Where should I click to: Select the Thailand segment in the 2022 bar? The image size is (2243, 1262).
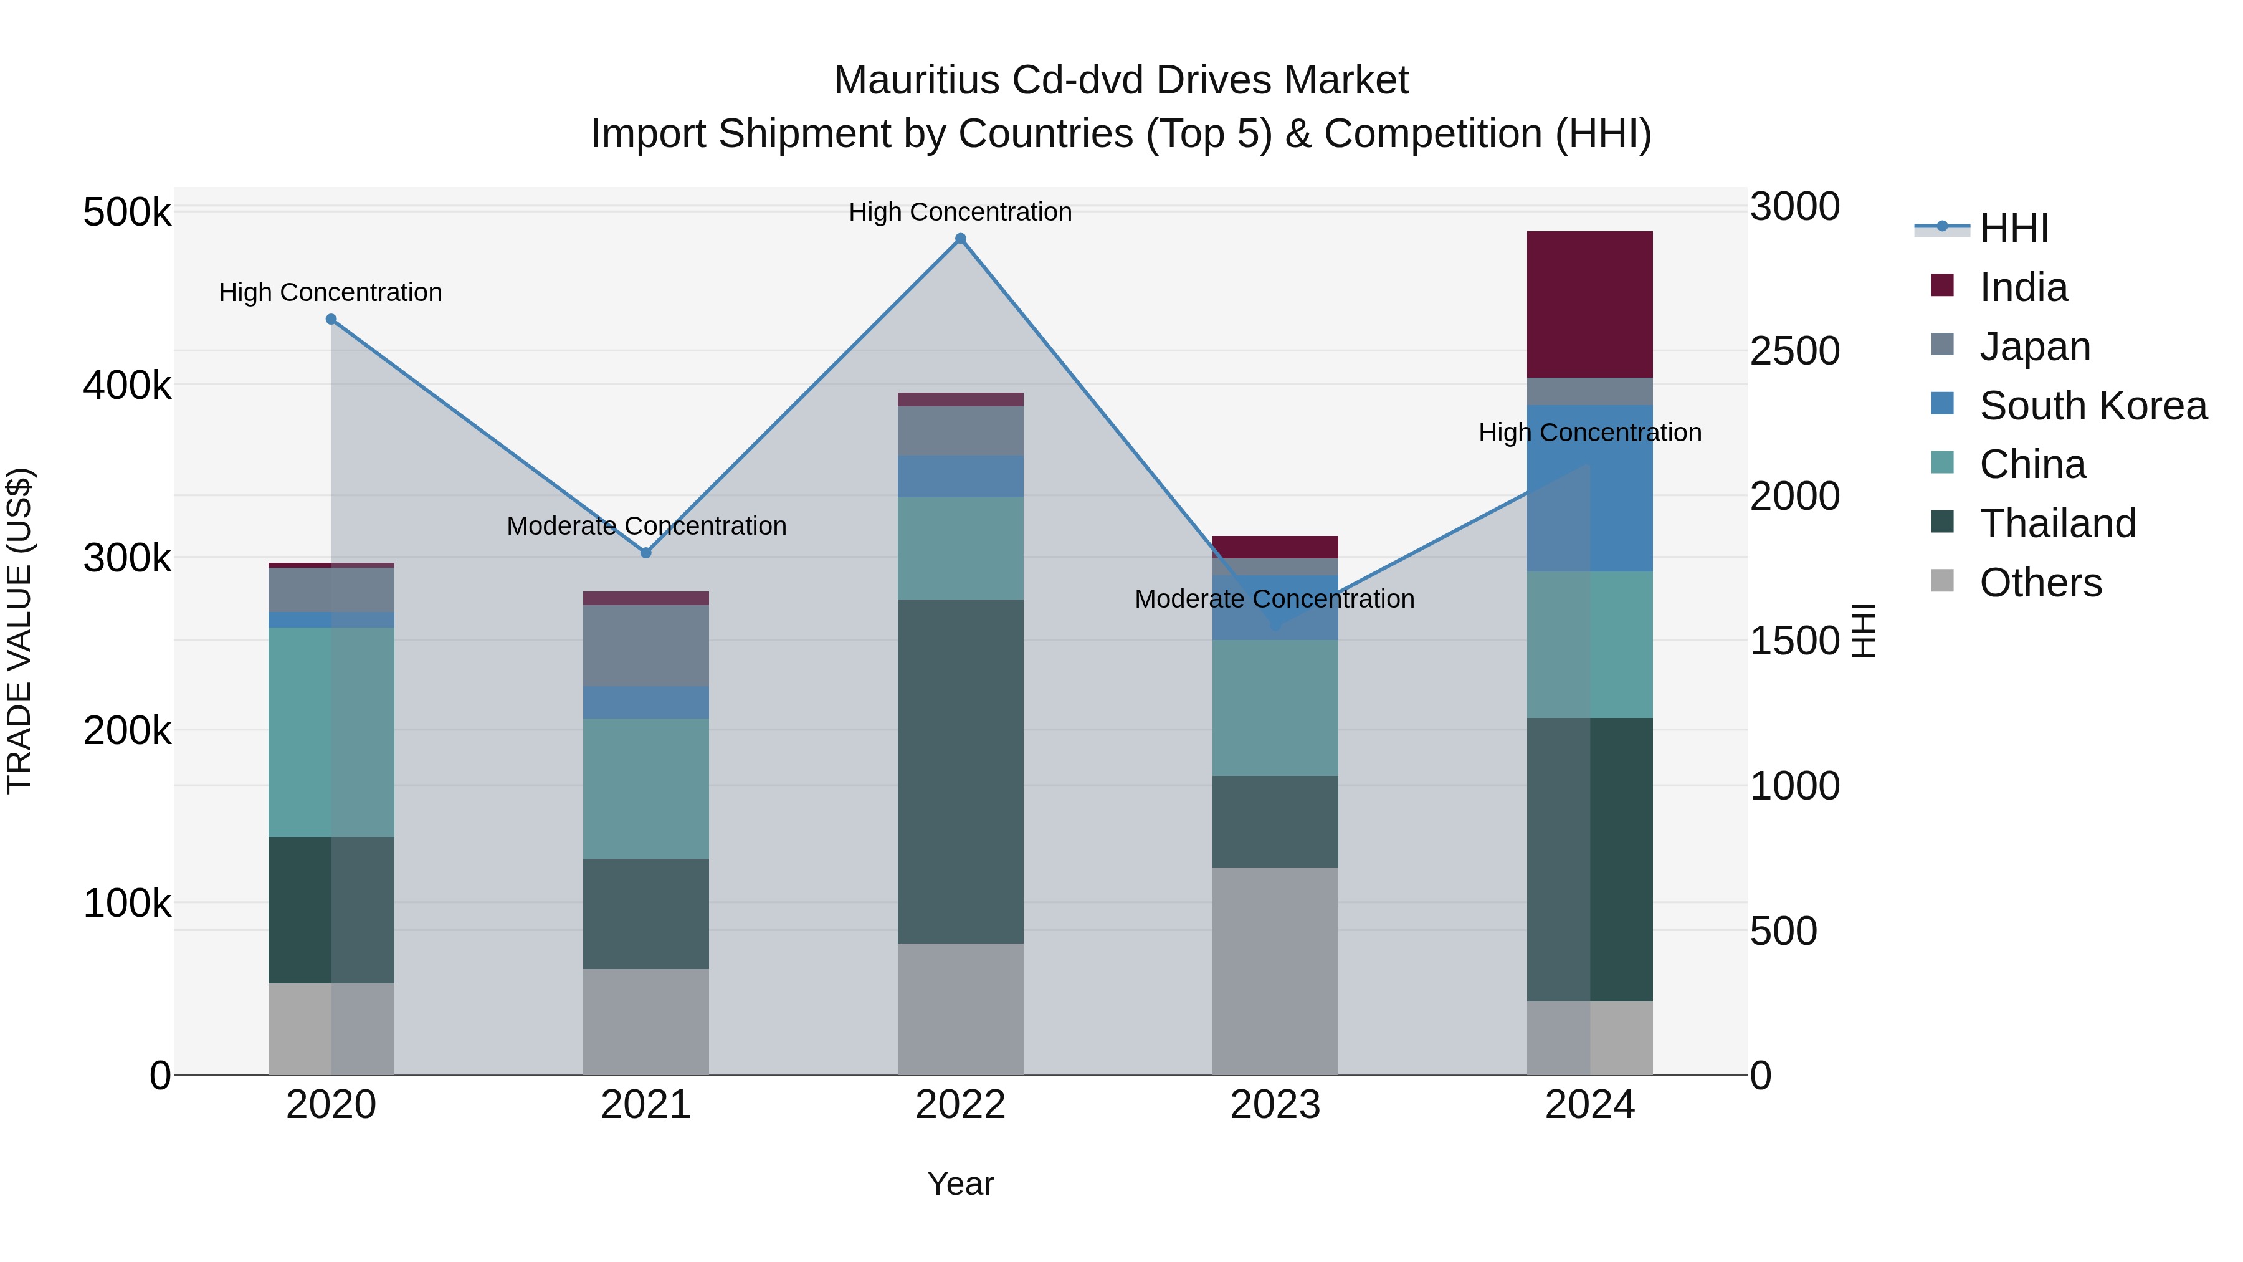960,771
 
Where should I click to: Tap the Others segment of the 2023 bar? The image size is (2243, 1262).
1275,970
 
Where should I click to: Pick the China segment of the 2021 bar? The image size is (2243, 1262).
645,788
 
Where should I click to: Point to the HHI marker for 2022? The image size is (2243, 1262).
960,239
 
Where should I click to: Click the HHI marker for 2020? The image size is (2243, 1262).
331,320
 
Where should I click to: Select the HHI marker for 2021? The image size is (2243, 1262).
645,553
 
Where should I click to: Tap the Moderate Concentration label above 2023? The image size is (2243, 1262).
1274,599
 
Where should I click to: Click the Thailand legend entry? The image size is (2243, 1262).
2057,523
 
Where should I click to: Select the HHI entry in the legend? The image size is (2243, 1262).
2013,228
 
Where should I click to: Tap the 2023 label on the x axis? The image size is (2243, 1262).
1275,1105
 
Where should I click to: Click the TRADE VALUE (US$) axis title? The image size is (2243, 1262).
19,631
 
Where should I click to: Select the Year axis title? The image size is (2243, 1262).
960,1183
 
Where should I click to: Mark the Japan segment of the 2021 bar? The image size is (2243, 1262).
645,646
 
